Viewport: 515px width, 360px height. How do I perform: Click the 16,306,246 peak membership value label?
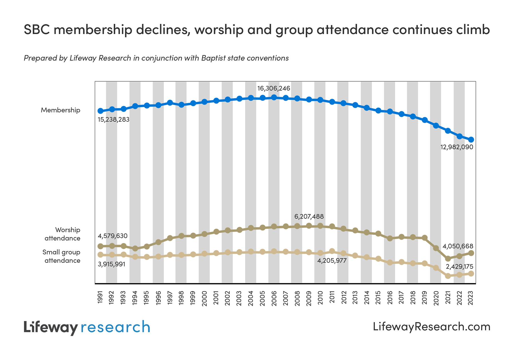[x=274, y=88]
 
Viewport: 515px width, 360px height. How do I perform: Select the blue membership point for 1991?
[x=100, y=111]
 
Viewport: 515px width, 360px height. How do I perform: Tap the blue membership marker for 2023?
[x=471, y=140]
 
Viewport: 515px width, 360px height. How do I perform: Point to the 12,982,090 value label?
[x=457, y=147]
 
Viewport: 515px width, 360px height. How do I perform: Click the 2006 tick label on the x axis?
[x=274, y=298]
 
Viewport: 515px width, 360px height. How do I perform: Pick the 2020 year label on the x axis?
[x=436, y=298]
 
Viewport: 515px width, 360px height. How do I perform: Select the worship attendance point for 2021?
[x=448, y=258]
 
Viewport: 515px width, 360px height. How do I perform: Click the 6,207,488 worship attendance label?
[x=309, y=217]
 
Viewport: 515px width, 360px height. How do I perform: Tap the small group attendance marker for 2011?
[x=332, y=251]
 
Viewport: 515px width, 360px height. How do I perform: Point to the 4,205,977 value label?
[x=332, y=261]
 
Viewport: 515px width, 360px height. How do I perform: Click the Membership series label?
[x=60, y=110]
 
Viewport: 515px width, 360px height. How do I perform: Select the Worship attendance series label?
[x=62, y=234]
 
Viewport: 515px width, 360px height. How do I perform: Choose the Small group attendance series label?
[x=61, y=256]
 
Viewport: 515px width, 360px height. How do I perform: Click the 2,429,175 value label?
[x=459, y=267]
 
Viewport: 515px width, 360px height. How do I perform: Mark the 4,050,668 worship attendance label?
[x=458, y=246]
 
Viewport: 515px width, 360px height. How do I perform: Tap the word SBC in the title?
[x=37, y=29]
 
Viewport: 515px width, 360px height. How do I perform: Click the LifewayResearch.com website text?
[x=431, y=327]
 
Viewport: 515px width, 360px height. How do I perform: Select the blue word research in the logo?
[x=115, y=327]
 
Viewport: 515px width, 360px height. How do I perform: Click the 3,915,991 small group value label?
[x=112, y=264]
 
